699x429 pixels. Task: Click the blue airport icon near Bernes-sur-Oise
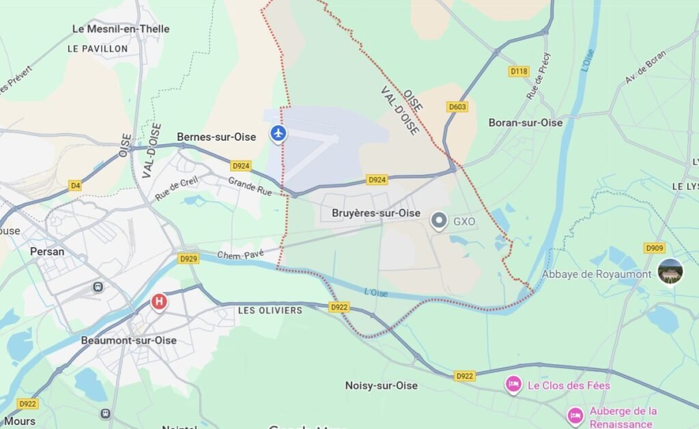click(278, 133)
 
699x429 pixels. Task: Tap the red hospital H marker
click(159, 301)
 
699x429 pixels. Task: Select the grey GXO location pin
click(440, 221)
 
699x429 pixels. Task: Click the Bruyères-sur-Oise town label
click(375, 213)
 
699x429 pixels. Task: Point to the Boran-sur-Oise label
click(526, 123)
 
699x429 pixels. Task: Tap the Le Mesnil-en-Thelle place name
click(121, 29)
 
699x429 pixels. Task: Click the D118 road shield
click(519, 71)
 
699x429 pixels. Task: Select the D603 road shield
click(457, 107)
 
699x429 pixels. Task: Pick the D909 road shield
click(654, 247)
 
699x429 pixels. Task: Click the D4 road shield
click(75, 185)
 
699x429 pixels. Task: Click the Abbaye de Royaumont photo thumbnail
click(670, 272)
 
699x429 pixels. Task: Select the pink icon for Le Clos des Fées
click(513, 385)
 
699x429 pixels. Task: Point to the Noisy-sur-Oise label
click(381, 386)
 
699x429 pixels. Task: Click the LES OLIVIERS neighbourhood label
click(270, 311)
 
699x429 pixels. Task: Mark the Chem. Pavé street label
click(240, 255)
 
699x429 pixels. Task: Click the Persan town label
click(47, 251)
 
